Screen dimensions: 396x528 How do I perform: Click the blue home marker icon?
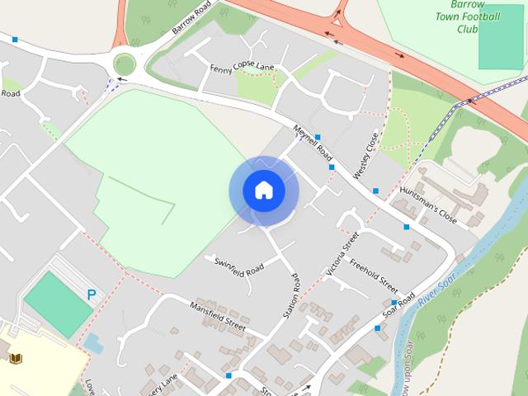coord(264,191)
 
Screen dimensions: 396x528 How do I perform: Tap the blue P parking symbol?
coord(91,294)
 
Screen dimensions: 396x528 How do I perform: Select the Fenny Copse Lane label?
coord(242,67)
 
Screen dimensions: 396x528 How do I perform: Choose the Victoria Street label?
coord(342,252)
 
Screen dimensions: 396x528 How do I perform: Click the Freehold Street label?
coord(373,277)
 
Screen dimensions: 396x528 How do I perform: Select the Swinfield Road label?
coord(238,266)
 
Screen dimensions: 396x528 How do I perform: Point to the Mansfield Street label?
coord(218,315)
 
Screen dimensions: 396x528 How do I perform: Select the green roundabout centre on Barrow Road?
coord(125,64)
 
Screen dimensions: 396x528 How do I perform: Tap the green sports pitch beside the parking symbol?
coord(58,303)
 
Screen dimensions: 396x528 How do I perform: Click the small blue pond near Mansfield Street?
coord(93,342)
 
